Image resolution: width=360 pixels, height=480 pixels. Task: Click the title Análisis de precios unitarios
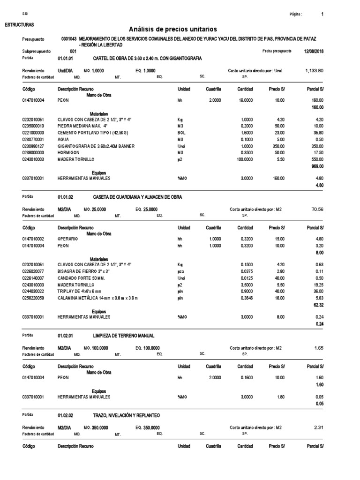pos(180,29)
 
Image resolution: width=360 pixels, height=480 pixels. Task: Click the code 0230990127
pos(33,146)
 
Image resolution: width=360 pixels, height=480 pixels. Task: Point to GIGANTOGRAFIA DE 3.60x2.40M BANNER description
pos(96,146)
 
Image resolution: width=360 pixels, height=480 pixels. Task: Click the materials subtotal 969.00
pos(317,166)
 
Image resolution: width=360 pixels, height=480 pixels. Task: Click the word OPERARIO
pos(68,239)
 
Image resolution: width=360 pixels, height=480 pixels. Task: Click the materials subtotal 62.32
pos(318,304)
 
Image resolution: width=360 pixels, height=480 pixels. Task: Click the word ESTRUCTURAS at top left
pos(19,24)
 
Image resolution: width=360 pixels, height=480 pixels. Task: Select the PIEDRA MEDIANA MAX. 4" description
pos(82,126)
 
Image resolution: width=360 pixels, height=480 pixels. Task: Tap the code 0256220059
pos(33,298)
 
